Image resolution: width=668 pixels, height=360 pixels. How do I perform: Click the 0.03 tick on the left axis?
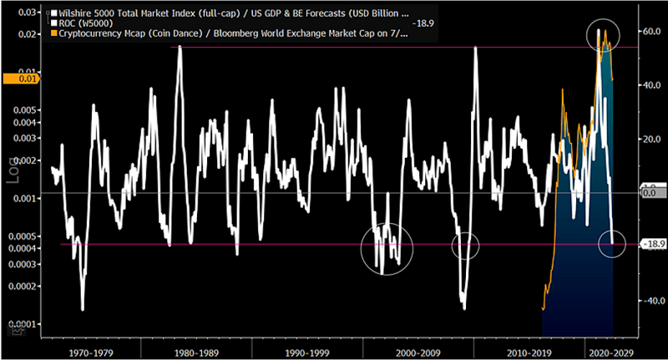(x=25, y=14)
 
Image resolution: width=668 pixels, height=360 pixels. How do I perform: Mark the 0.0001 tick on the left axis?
(x=21, y=323)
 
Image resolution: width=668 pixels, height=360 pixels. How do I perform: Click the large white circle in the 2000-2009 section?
(x=387, y=249)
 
